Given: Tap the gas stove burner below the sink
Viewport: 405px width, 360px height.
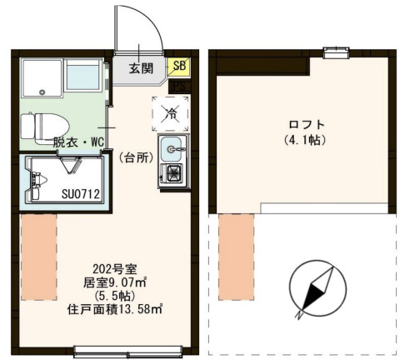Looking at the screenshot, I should [x=174, y=175].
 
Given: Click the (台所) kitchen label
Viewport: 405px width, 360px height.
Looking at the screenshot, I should [x=132, y=157].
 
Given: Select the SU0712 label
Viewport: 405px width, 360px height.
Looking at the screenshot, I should [x=81, y=195].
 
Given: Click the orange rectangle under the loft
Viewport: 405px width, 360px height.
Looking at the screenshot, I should [x=236, y=245].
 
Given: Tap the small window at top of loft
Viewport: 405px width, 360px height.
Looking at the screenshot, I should [x=335, y=54].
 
